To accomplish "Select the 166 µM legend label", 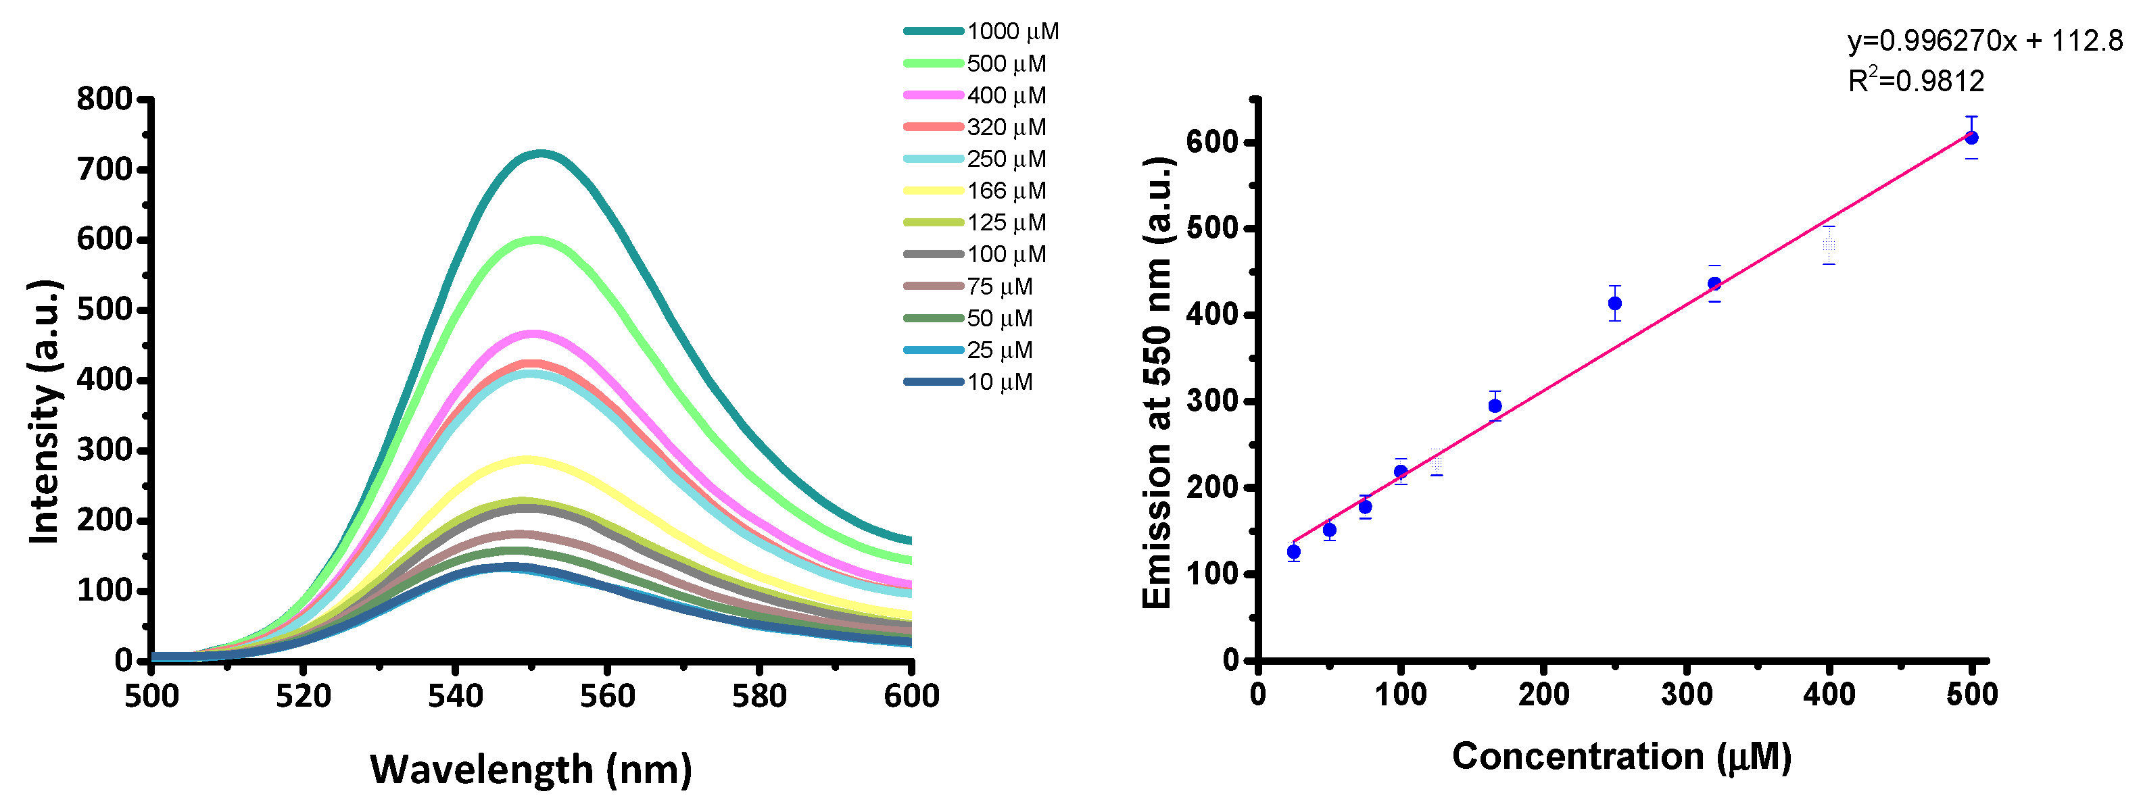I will pos(1006,191).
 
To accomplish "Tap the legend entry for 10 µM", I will pos(999,382).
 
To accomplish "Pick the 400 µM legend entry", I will pos(1006,95).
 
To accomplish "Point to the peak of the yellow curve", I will pos(526,459).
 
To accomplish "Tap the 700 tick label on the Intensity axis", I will pos(104,170).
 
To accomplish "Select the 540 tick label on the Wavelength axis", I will pos(454,696).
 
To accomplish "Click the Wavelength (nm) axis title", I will pos(530,769).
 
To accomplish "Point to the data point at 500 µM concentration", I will pos(1971,138).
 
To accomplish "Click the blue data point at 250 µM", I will pos(1614,303).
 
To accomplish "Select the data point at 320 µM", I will pos(1714,284).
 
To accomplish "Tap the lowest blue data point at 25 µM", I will pos(1293,551).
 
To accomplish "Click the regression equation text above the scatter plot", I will pos(1985,41).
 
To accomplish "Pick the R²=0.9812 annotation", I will pos(1916,80).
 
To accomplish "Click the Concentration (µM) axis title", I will pos(1620,757).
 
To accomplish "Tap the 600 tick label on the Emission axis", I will pos(1213,142).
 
